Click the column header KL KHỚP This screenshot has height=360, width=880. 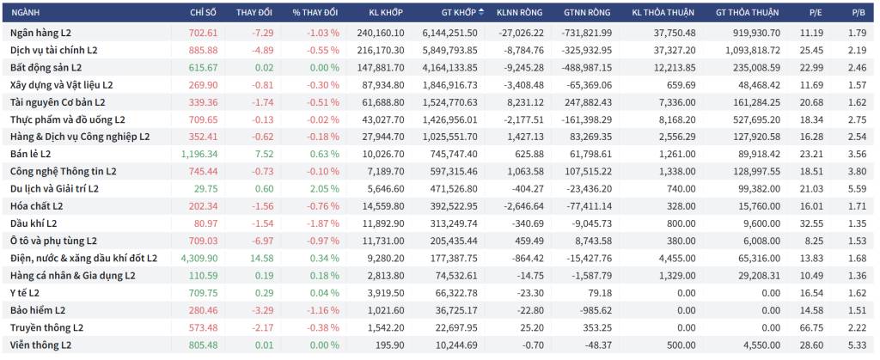[x=386, y=12]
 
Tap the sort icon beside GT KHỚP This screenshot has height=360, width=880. [x=481, y=12]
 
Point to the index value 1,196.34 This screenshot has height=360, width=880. [x=199, y=154]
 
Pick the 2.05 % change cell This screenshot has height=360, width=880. [x=323, y=189]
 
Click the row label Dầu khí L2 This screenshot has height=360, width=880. [x=34, y=223]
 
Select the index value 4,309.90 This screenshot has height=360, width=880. [x=199, y=259]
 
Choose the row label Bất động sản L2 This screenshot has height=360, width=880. [x=46, y=68]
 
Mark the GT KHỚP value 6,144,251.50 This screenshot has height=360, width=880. [x=450, y=34]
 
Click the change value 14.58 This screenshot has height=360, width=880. [x=263, y=259]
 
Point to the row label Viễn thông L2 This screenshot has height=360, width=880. [x=41, y=346]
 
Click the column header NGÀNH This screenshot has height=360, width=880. [x=25, y=12]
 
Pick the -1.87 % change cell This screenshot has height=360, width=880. [x=323, y=223]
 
